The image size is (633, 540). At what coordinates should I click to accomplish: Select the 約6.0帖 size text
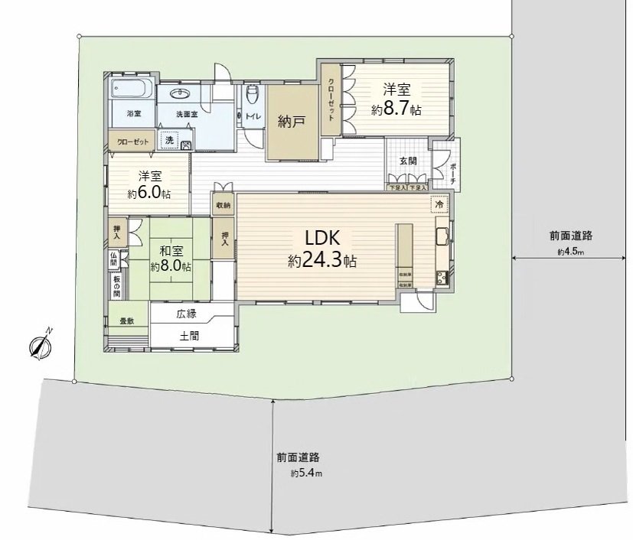148,193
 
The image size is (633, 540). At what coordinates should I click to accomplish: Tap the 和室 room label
171,251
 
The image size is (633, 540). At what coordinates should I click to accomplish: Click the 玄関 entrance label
408,161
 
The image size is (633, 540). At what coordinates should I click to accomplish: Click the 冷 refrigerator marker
439,205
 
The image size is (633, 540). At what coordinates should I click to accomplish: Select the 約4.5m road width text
570,252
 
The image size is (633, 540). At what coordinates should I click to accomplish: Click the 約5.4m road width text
307,473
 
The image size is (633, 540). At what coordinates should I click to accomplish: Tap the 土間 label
190,335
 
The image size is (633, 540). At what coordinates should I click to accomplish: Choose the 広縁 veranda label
186,314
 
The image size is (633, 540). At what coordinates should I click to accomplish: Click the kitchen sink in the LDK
442,236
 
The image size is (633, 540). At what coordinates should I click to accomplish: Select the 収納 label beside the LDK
223,205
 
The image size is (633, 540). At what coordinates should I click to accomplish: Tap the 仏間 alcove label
113,259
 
